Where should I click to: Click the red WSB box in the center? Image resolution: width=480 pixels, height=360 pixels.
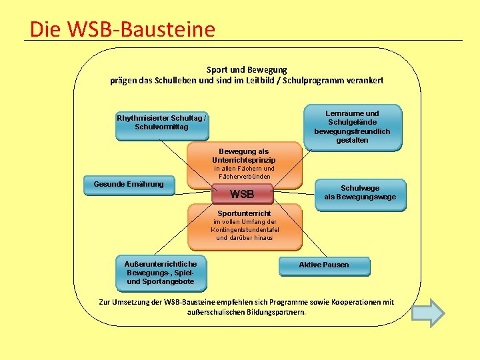coord(242,195)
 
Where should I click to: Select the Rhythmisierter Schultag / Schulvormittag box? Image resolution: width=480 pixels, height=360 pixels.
coord(161,124)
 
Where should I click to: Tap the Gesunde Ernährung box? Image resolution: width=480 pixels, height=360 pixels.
coord(129,185)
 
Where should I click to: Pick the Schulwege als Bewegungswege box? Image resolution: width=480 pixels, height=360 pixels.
coord(360,193)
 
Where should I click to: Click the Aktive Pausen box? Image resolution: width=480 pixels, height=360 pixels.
coord(324,265)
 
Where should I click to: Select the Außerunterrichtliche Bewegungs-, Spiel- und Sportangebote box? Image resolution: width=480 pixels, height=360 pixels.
coord(161,273)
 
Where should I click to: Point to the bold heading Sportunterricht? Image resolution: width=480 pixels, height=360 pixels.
coord(245,213)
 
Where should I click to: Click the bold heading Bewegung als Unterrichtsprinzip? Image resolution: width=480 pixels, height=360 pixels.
coord(244,156)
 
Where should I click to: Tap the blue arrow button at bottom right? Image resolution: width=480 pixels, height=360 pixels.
coord(428,312)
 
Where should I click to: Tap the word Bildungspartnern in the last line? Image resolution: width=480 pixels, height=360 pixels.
coord(274,312)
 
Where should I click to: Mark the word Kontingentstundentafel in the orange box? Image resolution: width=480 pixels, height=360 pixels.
coord(245,229)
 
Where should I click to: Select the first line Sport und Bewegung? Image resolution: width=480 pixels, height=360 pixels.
coord(247,69)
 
